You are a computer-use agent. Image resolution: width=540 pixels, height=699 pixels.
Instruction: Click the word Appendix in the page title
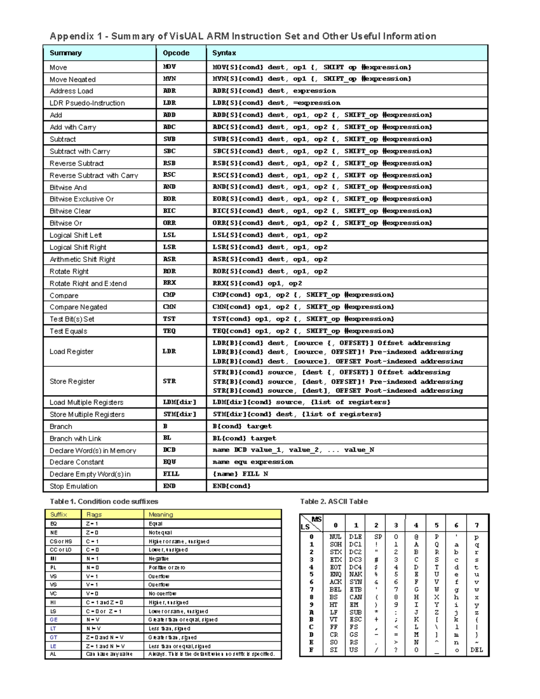[x=72, y=36]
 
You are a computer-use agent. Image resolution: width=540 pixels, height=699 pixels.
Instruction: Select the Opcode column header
[x=176, y=53]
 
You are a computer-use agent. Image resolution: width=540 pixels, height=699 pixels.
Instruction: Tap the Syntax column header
[x=224, y=53]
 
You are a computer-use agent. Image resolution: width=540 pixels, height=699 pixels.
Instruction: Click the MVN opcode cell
[x=169, y=79]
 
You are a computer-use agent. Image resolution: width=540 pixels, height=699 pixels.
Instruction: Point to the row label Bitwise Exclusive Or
[x=81, y=199]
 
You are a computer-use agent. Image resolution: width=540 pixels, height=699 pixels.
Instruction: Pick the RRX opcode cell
[x=169, y=283]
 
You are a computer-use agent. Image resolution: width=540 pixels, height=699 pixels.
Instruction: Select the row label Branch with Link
[x=75, y=438]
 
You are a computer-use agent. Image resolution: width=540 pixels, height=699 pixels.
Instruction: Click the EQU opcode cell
[x=169, y=462]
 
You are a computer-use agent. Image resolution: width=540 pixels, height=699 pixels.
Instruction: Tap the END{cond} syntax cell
[x=231, y=486]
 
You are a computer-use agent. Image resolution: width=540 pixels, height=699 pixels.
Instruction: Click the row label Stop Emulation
[x=73, y=486]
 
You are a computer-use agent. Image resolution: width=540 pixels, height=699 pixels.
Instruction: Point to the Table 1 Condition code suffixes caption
[x=104, y=501]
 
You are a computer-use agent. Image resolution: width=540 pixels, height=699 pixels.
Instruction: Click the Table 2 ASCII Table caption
[x=334, y=501]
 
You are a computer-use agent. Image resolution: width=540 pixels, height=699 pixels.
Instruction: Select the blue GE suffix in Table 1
[x=54, y=620]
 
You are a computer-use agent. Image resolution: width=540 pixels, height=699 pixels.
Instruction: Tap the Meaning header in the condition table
[x=161, y=514]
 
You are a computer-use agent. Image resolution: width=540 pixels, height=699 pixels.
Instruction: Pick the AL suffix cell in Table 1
[x=53, y=654]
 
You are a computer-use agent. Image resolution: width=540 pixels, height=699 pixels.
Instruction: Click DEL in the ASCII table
[x=477, y=650]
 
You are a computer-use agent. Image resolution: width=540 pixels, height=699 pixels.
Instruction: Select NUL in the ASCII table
[x=335, y=537]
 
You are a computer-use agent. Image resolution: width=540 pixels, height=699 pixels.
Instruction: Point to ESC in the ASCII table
[x=355, y=619]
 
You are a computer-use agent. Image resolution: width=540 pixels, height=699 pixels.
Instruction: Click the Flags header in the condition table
[x=94, y=514]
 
